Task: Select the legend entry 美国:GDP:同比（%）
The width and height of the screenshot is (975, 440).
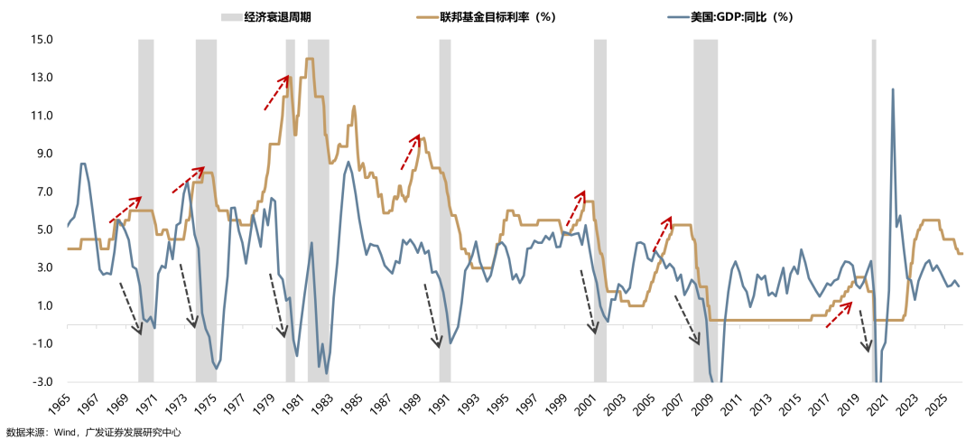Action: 728,17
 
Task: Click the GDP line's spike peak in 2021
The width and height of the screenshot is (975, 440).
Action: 893,89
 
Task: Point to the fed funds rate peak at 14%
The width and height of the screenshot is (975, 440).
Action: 310,60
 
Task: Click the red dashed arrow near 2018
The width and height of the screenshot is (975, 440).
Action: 840,314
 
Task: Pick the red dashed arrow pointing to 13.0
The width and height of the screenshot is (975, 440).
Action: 276,93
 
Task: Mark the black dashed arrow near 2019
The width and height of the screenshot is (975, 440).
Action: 864,330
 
